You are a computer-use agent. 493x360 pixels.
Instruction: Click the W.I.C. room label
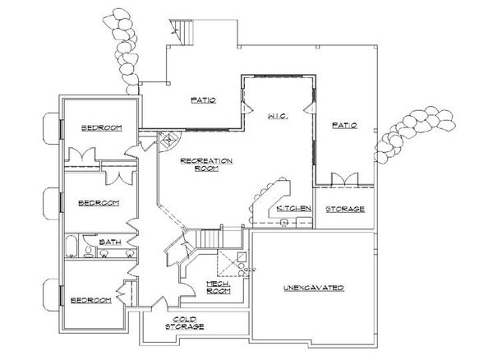tap(275, 118)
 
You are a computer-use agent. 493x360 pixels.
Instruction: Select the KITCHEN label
tap(293, 209)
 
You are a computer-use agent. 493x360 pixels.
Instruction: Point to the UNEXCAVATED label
tap(313, 288)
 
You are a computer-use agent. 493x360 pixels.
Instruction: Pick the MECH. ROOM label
tap(219, 288)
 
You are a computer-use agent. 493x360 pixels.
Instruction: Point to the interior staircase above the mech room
tap(210, 238)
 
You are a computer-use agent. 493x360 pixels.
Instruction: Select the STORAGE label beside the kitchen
tap(345, 210)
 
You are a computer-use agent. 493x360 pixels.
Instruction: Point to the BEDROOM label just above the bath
tap(99, 202)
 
